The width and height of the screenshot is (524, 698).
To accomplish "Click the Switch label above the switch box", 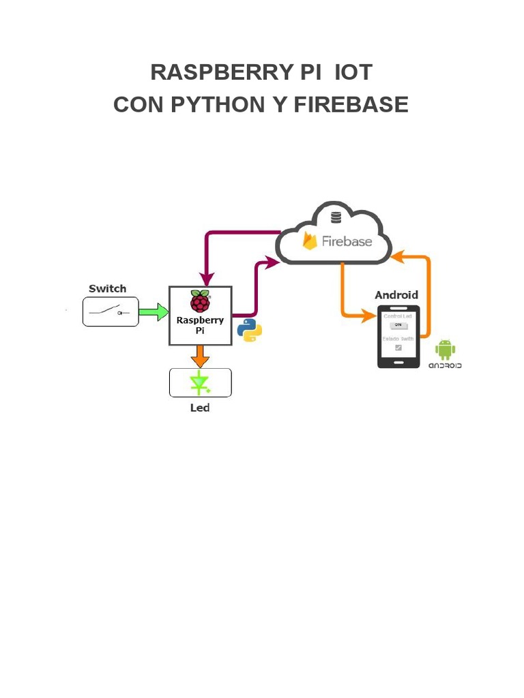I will point(107,288).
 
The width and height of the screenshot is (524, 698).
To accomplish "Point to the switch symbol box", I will point(111,312).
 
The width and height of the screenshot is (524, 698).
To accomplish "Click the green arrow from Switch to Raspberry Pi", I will point(154,312).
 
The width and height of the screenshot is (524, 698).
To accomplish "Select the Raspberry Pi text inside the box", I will point(200,325).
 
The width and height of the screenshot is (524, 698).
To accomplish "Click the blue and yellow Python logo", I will point(250,330).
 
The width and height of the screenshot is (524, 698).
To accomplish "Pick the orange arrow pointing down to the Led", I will point(200,356).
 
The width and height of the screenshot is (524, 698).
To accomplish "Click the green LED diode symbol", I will point(200,383).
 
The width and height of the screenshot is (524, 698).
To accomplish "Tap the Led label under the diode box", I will point(200,408).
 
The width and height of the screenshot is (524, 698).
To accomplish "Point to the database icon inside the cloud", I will point(335,218).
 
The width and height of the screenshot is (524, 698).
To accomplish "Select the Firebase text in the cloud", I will point(347,241).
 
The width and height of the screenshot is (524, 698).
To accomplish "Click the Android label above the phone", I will point(396,294).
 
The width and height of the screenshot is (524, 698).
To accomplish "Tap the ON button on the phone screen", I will point(398,325).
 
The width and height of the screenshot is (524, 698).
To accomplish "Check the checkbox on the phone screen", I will point(398,348).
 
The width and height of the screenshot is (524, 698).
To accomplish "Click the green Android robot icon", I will point(445,350).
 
